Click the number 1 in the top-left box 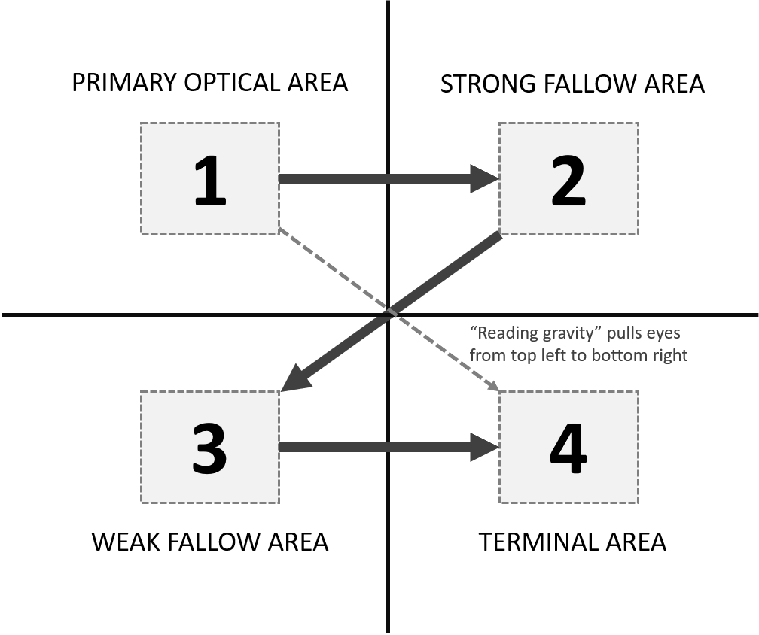point(210,181)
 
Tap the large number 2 point(568,181)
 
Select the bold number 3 point(209,448)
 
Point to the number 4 point(568,448)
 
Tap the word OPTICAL point(232,82)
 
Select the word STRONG point(488,84)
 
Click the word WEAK point(125,542)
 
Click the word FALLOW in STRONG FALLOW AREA point(593,84)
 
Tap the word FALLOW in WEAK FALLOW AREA point(216,542)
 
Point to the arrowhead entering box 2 point(485,179)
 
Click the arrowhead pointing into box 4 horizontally point(485,448)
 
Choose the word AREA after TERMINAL point(638,542)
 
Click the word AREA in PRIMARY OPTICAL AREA point(318,82)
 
